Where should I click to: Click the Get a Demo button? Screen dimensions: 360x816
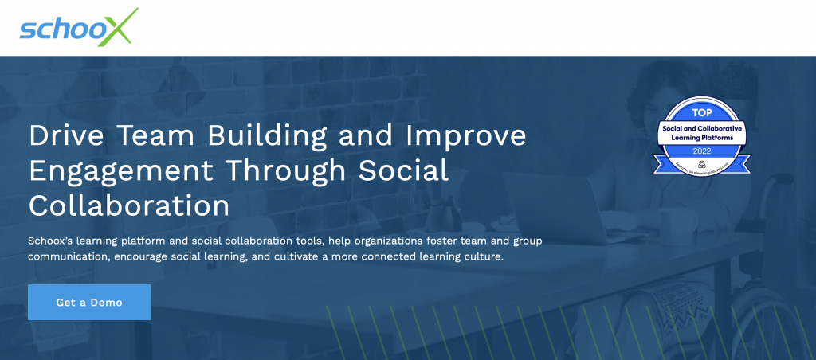tap(89, 303)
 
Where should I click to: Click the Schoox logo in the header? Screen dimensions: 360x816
tap(79, 28)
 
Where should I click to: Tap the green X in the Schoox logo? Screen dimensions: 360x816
tap(120, 27)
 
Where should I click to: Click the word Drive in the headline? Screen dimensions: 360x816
tap(61, 135)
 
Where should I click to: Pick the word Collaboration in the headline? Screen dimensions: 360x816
tap(129, 205)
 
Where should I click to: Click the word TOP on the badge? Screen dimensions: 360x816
tap(700, 114)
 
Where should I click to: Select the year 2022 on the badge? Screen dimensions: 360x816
tap(700, 149)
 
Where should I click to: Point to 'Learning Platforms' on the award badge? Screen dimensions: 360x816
tap(700, 137)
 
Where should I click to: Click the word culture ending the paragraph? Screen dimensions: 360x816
tap(481, 257)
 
